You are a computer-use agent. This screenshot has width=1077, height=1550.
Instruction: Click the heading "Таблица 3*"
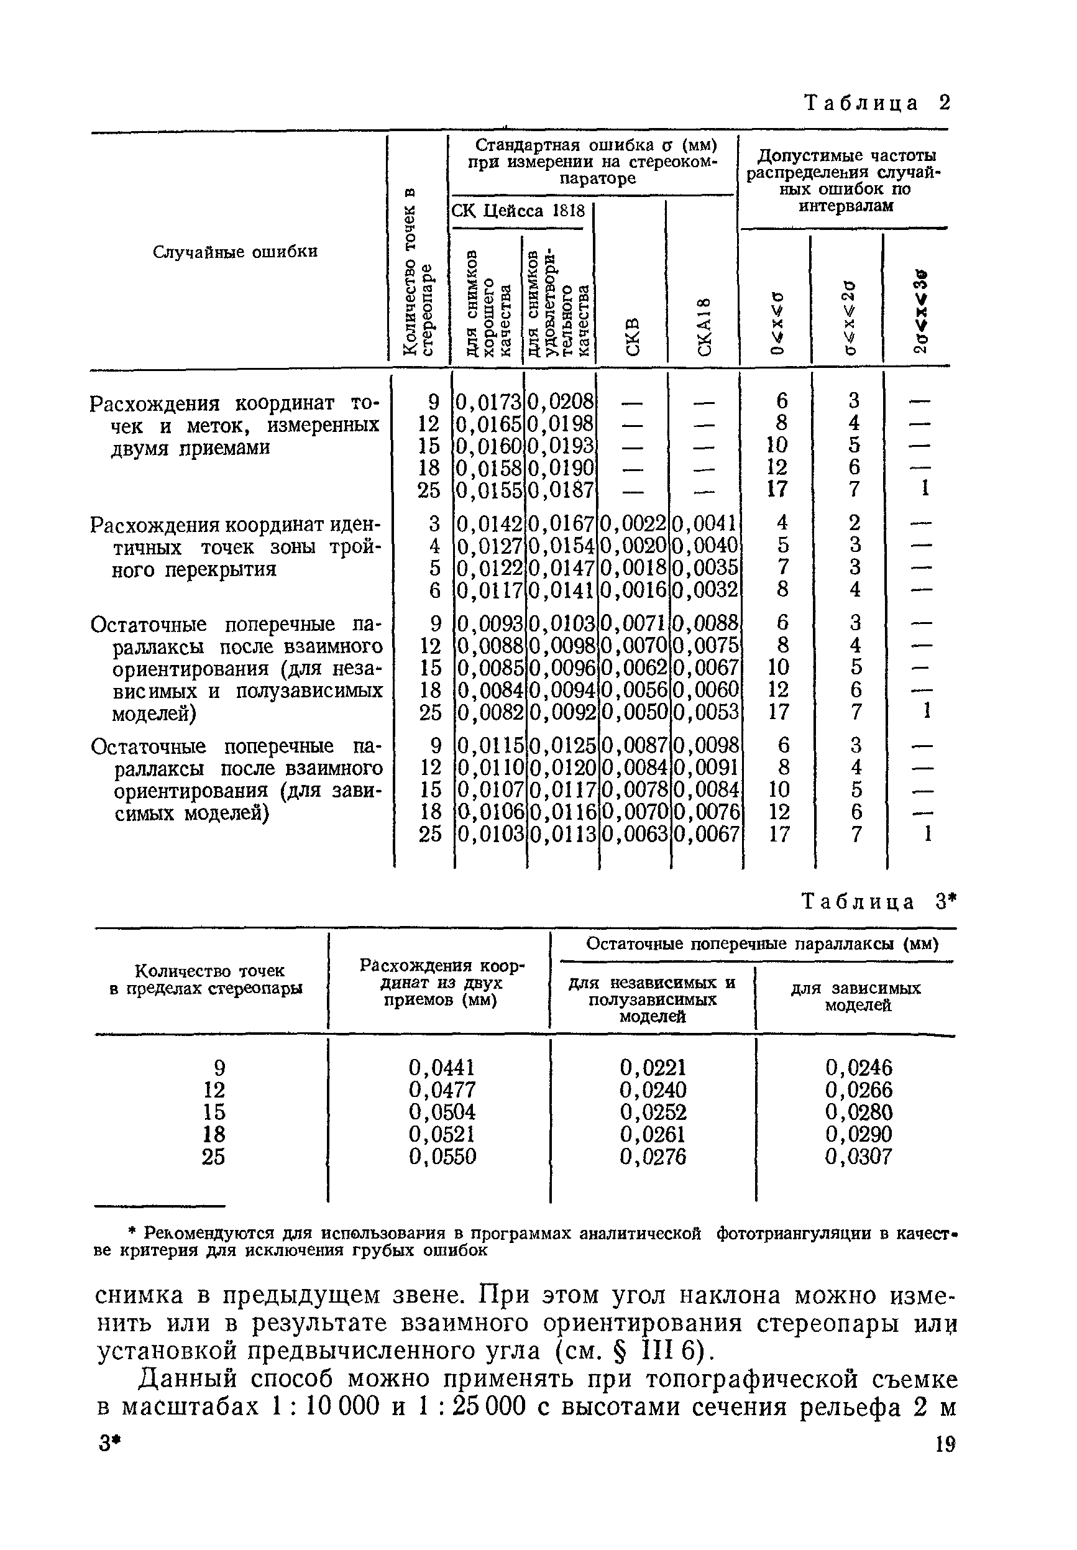click(x=878, y=902)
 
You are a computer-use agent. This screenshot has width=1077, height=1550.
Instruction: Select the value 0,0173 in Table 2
click(x=489, y=402)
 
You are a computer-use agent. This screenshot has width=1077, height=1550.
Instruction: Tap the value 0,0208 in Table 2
click(x=561, y=402)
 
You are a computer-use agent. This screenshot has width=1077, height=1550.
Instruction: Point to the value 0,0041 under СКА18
click(x=705, y=524)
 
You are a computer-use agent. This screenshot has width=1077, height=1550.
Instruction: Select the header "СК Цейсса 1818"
click(x=518, y=211)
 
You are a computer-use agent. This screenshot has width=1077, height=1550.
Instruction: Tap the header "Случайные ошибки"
click(x=235, y=252)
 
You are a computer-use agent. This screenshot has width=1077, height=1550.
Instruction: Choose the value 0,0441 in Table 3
click(x=442, y=1068)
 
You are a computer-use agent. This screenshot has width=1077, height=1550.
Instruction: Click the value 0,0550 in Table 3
click(x=442, y=1157)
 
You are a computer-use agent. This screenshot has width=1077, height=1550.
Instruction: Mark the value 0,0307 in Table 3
click(x=858, y=1157)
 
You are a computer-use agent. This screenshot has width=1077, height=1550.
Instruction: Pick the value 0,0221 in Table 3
click(x=653, y=1068)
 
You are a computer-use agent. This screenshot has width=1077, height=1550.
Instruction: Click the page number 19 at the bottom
click(x=945, y=1445)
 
